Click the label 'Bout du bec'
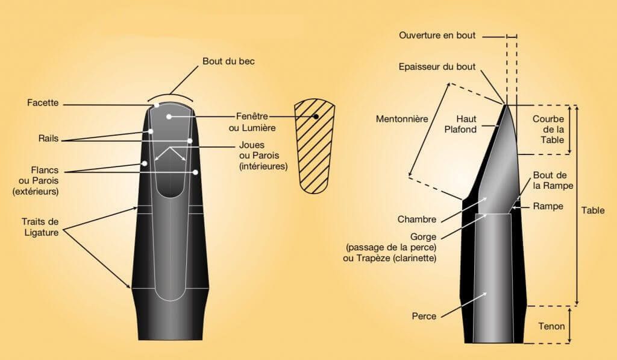point(228,61)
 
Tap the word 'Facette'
point(43,103)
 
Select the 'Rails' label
point(48,138)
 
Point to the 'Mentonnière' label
point(402,119)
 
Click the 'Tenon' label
point(551,326)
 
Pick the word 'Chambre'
point(417,219)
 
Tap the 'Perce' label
point(424,316)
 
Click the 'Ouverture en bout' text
point(437,36)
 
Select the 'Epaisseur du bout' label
point(437,66)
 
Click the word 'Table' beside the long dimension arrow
point(593,210)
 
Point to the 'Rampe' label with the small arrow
point(548,206)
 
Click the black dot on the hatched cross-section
point(316,116)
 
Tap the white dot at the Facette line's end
point(157,105)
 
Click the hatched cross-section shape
point(315,146)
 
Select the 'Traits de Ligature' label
point(40,227)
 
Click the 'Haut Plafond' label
point(460,124)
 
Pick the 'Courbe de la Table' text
point(548,129)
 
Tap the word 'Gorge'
point(423,237)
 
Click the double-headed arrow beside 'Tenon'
point(570,324)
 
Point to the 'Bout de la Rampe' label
point(553,180)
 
